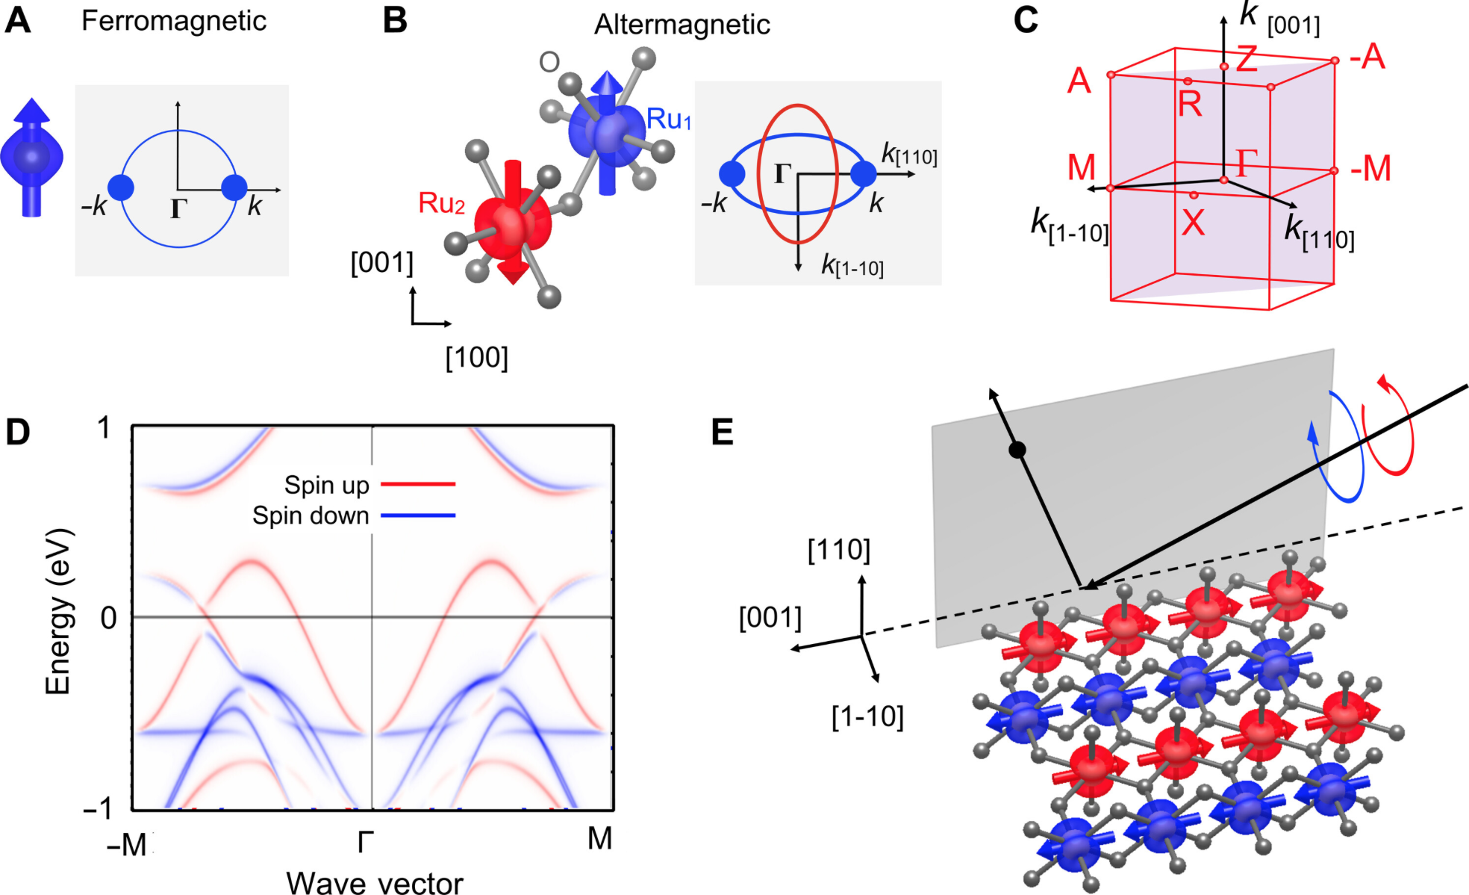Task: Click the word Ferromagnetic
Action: click(173, 21)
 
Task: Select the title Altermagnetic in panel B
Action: click(682, 25)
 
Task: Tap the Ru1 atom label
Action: click(669, 120)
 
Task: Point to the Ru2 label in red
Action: click(441, 203)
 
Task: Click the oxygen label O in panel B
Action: click(549, 62)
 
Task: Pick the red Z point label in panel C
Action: click(1246, 59)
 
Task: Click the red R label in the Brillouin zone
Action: click(1190, 104)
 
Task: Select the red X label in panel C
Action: click(1193, 223)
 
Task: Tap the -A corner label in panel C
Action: click(1367, 57)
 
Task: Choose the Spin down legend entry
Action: click(354, 515)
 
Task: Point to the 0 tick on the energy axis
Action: click(109, 618)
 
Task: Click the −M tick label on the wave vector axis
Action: click(127, 845)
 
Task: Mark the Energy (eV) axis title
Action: click(59, 612)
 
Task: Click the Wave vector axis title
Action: click(375, 882)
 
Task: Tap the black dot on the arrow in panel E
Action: click(1017, 450)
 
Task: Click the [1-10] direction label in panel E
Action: click(867, 716)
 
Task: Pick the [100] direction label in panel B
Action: click(476, 357)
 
